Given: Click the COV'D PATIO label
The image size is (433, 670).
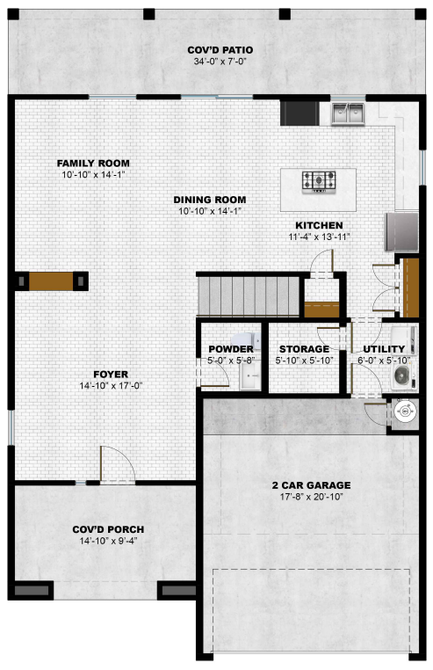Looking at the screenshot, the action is coord(220,50).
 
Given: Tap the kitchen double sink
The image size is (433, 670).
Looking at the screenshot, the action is coord(348,113).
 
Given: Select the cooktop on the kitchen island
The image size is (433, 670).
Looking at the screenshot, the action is coord(319,181).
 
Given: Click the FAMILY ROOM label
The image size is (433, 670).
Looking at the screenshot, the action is coord(93,164).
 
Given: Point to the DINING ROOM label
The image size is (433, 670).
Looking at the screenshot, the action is coord(210,200).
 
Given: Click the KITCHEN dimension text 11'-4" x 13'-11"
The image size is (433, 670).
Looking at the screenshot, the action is coord(319,237).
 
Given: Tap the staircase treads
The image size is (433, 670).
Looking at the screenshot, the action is coord(249,296).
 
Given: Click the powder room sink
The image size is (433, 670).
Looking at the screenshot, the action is coord(250,375).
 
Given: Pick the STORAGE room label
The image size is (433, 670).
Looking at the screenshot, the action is coord(305,349).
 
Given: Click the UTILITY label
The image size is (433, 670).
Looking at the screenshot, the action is coord(384,349).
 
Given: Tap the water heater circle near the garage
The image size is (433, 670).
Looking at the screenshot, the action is coord(403,411).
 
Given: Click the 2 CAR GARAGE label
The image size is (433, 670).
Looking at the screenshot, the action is coord(311,485).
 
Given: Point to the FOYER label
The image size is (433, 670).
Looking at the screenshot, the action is coord(111,375).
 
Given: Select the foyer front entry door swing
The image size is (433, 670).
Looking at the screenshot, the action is coord(118,465).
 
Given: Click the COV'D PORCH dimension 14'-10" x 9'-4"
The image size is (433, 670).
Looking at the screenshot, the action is coord(108,541).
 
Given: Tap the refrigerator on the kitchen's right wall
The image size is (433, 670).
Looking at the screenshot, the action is coord(401,232).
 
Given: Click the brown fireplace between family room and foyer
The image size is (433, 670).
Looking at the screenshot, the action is coord(51,281).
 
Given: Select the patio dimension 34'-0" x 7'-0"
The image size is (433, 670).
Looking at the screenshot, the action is coord(220,62).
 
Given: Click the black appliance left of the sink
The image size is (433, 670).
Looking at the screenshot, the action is coord(299,113).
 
